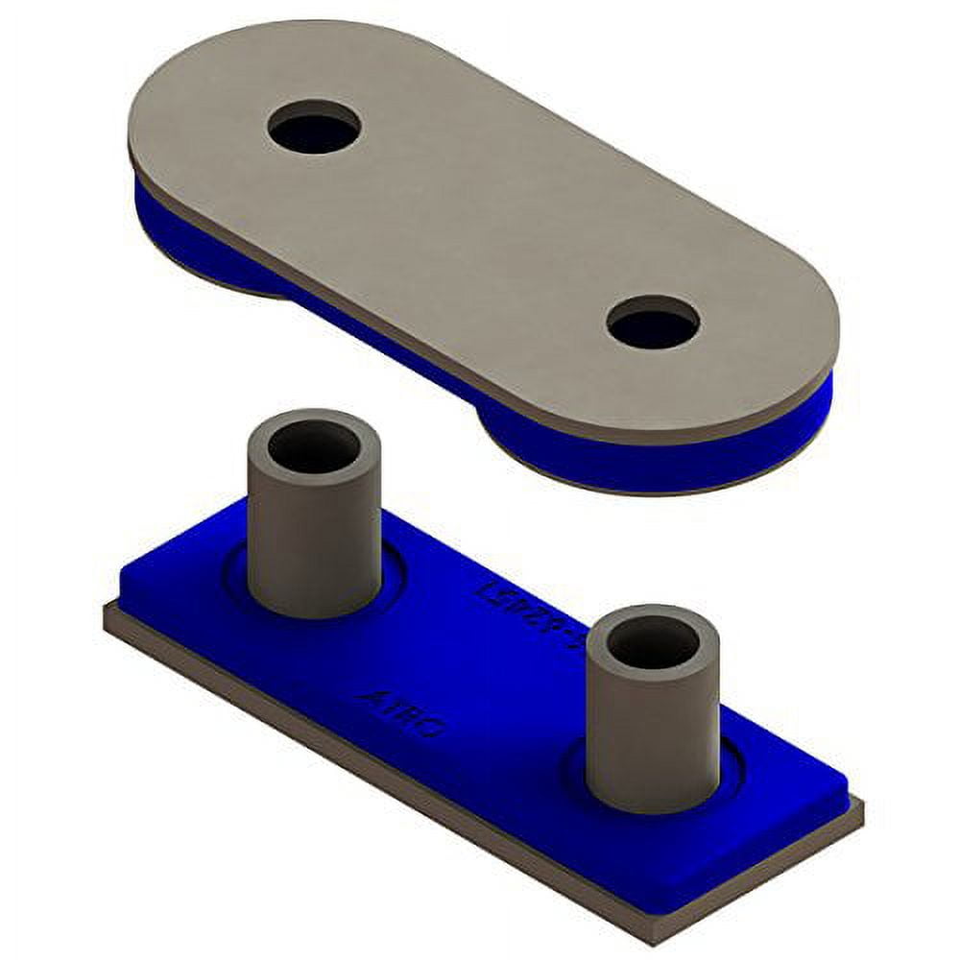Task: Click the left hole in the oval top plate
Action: tap(314, 127)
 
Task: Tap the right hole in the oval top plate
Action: tap(653, 323)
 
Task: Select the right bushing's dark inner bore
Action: tap(653, 642)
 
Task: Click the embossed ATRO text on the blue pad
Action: tap(401, 711)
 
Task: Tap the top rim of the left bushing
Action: tap(314, 422)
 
